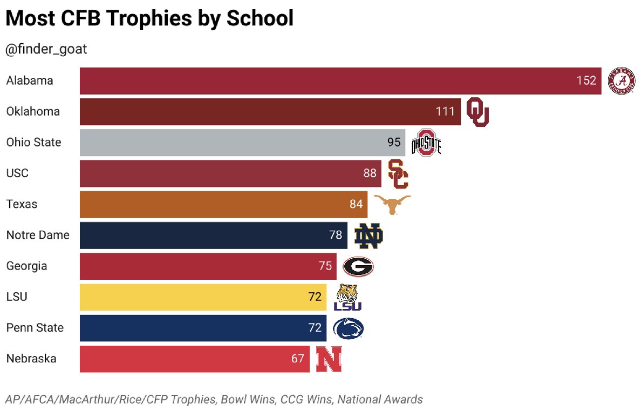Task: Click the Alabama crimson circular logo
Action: point(621,81)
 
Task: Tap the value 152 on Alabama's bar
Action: point(586,81)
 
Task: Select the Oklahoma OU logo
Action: point(477,112)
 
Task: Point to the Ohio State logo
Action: point(426,143)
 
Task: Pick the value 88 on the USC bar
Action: point(370,173)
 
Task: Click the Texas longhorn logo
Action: point(392,205)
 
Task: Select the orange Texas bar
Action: point(216,204)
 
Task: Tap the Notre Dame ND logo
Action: point(368,236)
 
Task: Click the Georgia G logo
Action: point(358,266)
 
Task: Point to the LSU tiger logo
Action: point(347,298)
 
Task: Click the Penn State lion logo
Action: point(348,328)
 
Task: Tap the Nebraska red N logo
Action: point(329,359)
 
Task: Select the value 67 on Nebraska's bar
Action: point(298,359)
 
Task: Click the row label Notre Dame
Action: point(38,236)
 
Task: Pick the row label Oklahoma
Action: point(33,112)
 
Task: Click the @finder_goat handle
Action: point(46,49)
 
